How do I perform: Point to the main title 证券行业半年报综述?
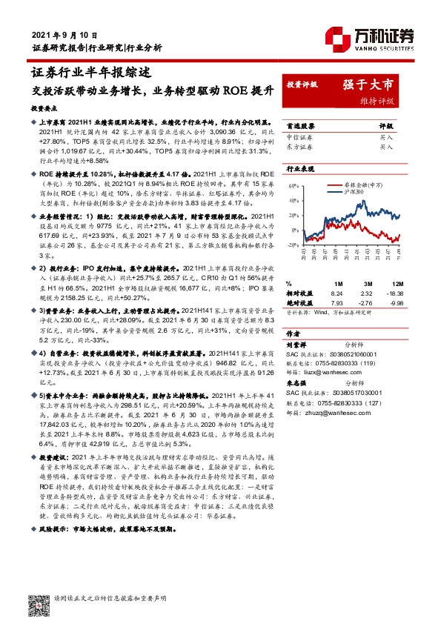(92, 73)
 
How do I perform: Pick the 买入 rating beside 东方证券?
(386, 147)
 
